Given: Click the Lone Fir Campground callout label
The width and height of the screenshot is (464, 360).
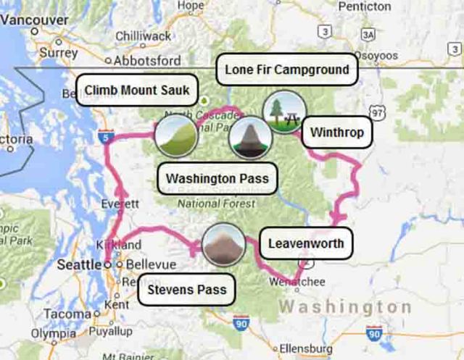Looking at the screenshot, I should click(x=287, y=70).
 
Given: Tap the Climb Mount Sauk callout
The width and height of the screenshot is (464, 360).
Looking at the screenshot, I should click(x=136, y=91).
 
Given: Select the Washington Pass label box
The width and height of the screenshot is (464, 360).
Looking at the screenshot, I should click(x=217, y=178).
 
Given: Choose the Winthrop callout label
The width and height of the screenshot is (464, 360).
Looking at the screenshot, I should click(x=336, y=133).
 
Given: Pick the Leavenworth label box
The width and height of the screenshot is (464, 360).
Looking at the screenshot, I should click(x=306, y=243).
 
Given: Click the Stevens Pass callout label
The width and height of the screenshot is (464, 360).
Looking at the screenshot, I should click(x=186, y=290).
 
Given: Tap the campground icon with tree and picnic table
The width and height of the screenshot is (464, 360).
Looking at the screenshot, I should click(x=283, y=112).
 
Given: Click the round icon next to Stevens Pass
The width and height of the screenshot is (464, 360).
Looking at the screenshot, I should click(x=223, y=246).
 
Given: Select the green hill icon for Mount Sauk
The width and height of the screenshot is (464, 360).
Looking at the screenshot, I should click(x=176, y=135).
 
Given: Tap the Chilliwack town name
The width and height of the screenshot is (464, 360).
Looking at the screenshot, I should click(x=143, y=35).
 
